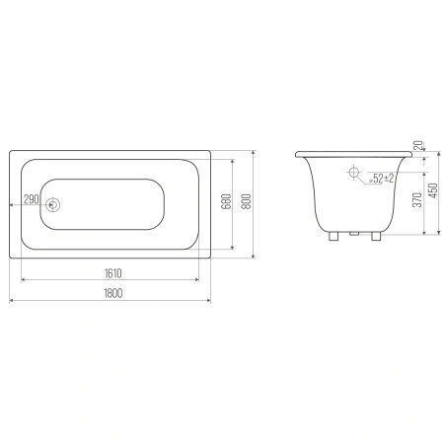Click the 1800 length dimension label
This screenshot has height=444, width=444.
(x=113, y=293)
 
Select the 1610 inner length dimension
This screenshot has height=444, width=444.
(x=112, y=273)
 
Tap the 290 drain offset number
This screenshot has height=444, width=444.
(x=32, y=199)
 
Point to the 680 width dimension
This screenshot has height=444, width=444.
(x=226, y=201)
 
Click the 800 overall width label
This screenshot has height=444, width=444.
(x=247, y=201)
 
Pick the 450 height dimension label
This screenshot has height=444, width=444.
(x=434, y=190)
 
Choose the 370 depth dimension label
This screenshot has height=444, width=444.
(x=417, y=200)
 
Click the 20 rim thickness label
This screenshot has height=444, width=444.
(x=418, y=146)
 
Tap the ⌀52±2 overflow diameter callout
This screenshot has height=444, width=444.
(x=382, y=179)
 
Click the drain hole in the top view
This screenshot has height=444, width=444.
(x=52, y=205)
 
